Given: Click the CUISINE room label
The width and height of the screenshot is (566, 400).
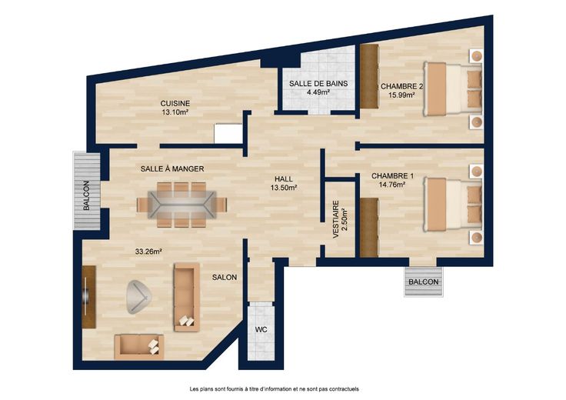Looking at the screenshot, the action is coord(175,104).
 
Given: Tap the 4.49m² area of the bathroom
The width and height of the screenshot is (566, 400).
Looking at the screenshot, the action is coord(318,92).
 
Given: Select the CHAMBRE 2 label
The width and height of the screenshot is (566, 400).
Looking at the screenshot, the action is coord(401,87).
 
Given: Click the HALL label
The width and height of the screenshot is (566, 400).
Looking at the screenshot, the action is coord(284,179).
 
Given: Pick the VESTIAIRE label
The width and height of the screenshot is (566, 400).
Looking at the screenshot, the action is coord(336,219).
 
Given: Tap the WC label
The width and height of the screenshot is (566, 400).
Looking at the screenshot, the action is coord(261,329).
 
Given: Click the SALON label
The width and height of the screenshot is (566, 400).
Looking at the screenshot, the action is coord(225,277).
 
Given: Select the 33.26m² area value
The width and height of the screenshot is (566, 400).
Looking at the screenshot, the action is coord(148,252).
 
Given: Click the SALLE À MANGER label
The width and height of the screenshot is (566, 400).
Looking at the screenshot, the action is coord(172,168).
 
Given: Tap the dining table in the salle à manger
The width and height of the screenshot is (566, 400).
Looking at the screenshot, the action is coord(181,205).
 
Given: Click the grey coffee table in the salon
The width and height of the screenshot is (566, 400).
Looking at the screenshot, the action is coord(138,297).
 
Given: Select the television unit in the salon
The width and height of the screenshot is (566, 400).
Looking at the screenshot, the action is coord(88,297).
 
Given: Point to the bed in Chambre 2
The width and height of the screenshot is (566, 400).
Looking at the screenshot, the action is coord(453,88).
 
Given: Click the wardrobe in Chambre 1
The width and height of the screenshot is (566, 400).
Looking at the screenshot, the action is coord(369,228).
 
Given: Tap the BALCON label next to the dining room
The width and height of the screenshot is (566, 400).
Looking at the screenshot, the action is coord(86,195).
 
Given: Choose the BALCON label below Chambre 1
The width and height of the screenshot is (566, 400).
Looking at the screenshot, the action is coord(424,282).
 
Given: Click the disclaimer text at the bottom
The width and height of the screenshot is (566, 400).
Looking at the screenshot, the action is coord(275,389).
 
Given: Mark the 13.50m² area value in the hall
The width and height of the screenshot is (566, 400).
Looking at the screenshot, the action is coord(284,188).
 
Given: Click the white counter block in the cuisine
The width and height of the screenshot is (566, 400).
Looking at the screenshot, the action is coord(228,134).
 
